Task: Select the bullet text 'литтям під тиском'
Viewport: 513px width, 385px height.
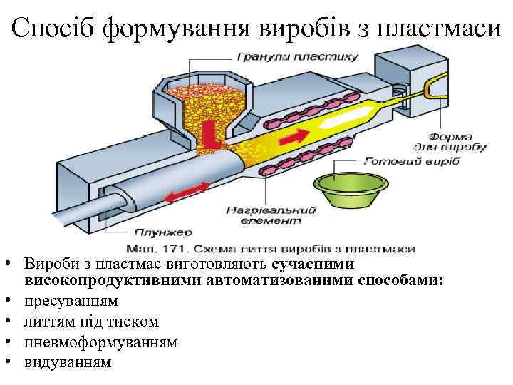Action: coord(91,322)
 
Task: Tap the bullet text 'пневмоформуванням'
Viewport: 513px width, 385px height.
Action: coord(100,342)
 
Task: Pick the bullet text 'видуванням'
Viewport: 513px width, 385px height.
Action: coord(68,362)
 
